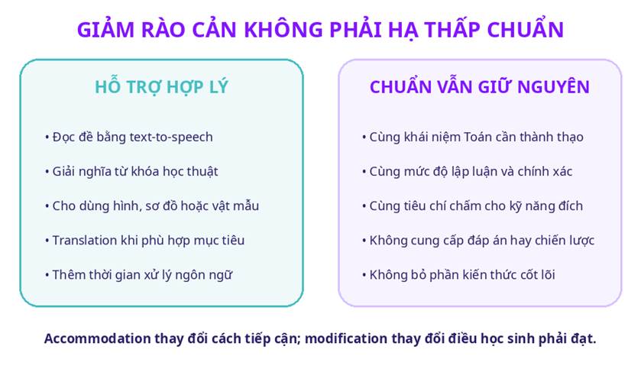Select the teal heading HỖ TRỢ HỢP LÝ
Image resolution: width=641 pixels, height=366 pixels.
click(161, 86)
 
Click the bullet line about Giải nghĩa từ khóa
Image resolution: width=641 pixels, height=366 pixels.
click(131, 171)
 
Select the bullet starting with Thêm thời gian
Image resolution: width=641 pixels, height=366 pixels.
click(138, 275)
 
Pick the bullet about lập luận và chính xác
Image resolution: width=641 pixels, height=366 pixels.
click(467, 171)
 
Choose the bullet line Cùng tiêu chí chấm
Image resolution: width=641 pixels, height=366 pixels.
click(472, 206)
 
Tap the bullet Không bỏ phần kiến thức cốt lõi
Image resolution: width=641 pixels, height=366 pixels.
click(458, 275)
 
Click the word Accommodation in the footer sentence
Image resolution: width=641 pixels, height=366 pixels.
click(97, 338)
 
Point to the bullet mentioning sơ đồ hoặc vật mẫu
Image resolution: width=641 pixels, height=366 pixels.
click(152, 206)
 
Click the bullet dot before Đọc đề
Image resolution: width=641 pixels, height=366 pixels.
click(47, 138)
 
